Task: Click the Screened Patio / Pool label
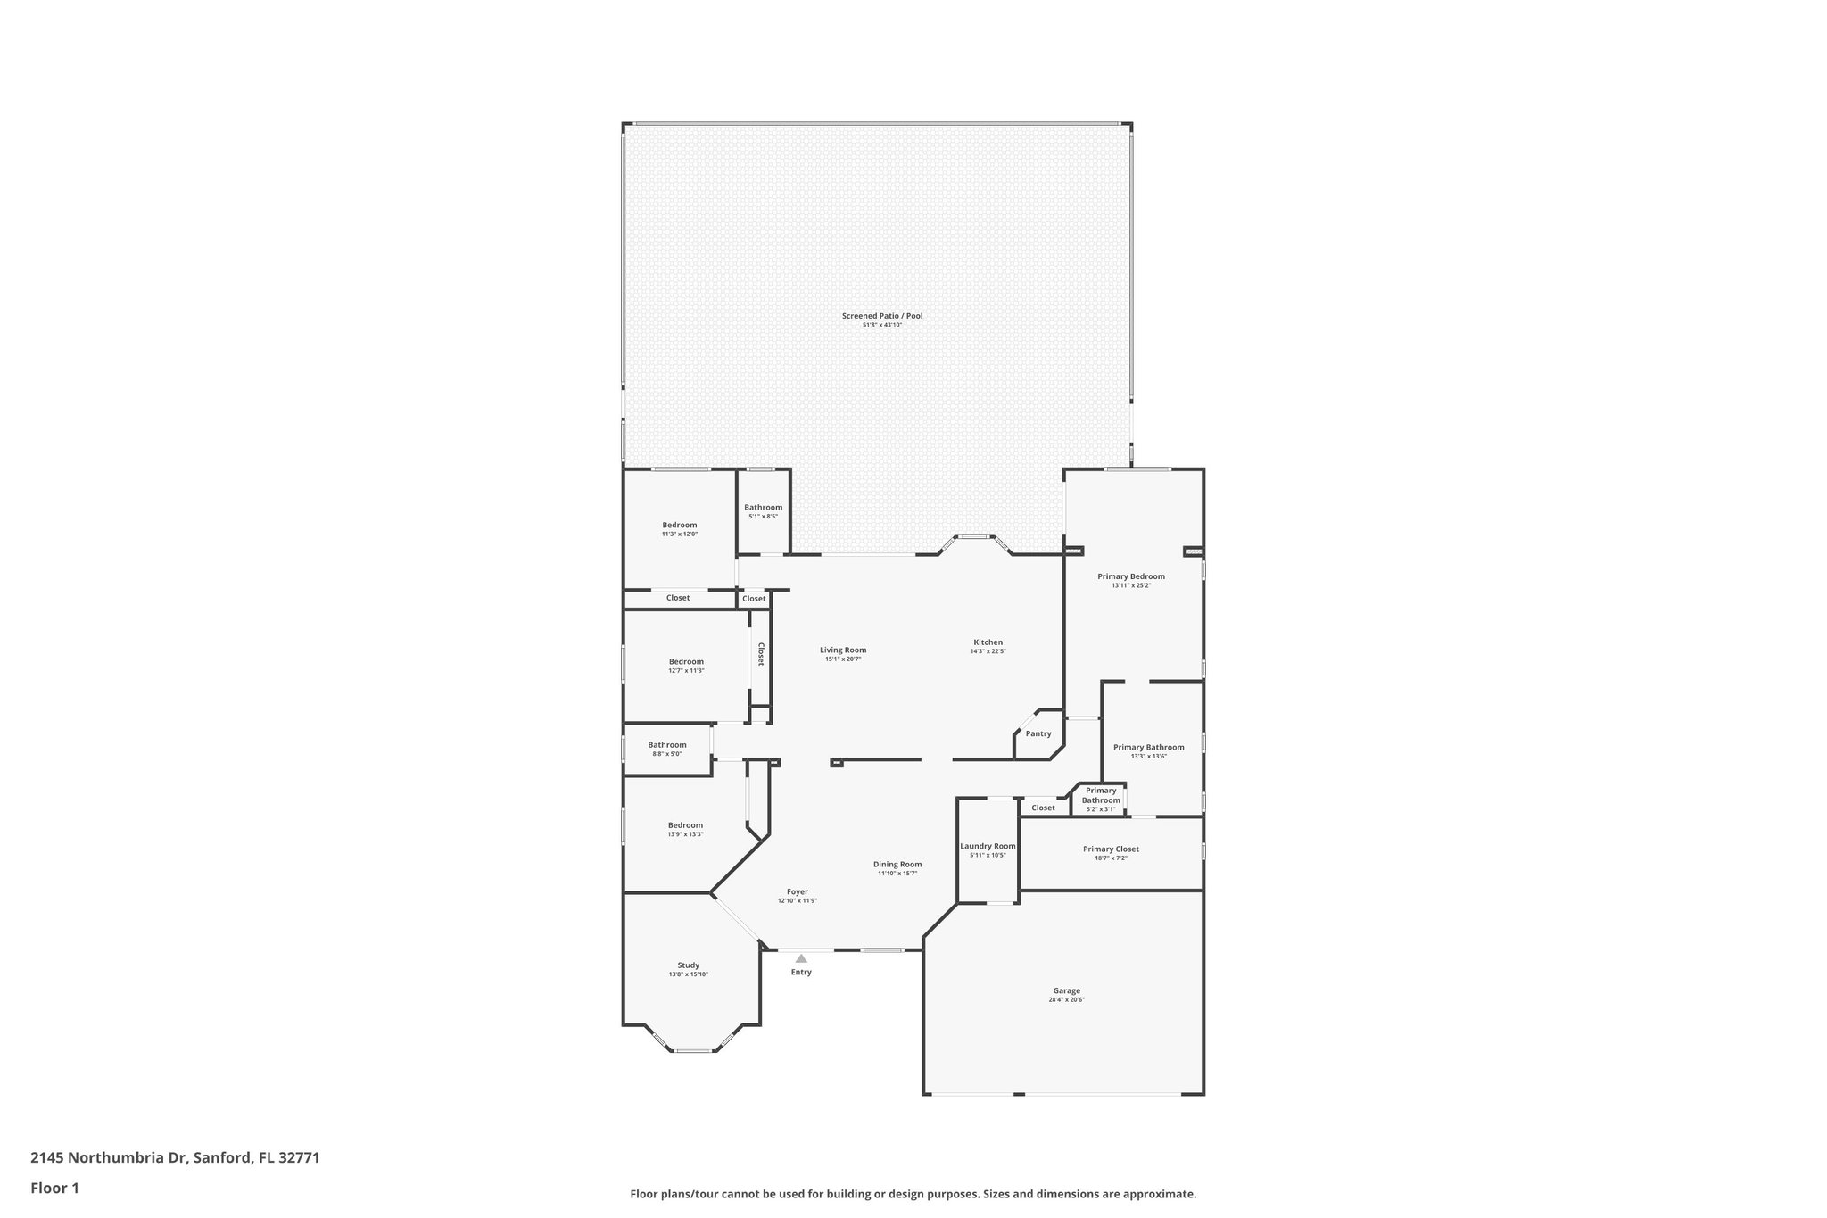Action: [x=881, y=316]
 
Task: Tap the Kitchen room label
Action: [x=988, y=642]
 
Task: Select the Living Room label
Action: [x=843, y=650]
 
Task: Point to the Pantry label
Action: [x=1038, y=734]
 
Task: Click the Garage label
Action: [x=1066, y=990]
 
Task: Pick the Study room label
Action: [x=688, y=965]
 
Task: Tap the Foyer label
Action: [x=797, y=892]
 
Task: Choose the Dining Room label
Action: [x=897, y=865]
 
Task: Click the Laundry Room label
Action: [x=988, y=847]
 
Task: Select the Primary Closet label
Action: [x=1111, y=849]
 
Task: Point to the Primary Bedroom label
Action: [x=1130, y=576]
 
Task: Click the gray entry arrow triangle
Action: [x=801, y=958]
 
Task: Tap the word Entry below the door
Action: [x=801, y=973]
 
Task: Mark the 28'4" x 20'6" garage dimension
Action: [x=1066, y=1000]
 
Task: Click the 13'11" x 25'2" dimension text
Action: [x=1130, y=586]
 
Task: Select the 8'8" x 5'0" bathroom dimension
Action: [x=666, y=754]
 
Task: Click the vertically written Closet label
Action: [x=761, y=654]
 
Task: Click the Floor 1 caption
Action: [x=54, y=1188]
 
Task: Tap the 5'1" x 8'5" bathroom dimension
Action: [x=763, y=517]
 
